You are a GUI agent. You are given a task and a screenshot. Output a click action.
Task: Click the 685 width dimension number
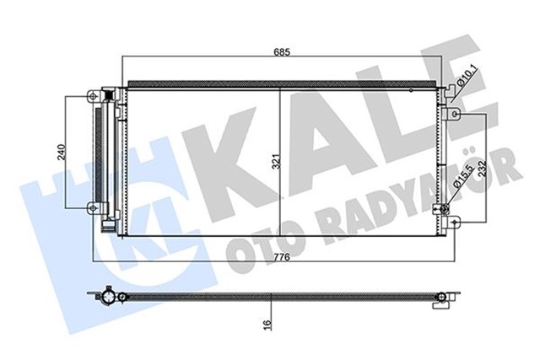[281, 52]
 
